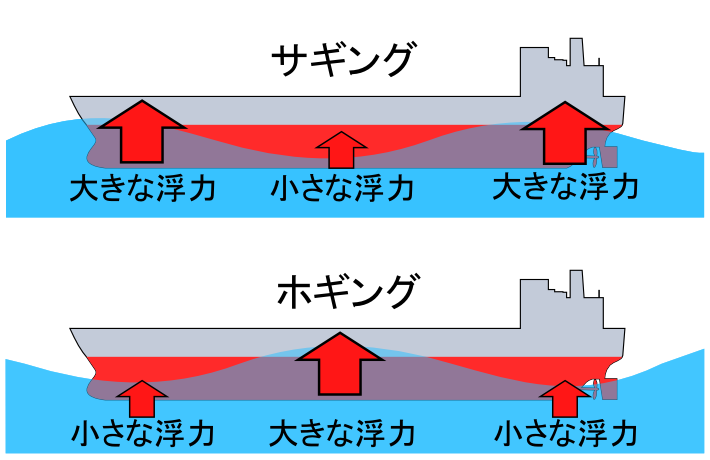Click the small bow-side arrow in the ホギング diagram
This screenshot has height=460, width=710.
click(143, 398)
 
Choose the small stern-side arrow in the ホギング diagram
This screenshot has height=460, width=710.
click(566, 398)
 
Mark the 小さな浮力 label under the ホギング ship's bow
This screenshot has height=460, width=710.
click(143, 433)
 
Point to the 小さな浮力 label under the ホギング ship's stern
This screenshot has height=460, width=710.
click(566, 433)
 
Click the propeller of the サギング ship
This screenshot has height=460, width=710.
click(596, 158)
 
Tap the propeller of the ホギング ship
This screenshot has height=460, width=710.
click(596, 388)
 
